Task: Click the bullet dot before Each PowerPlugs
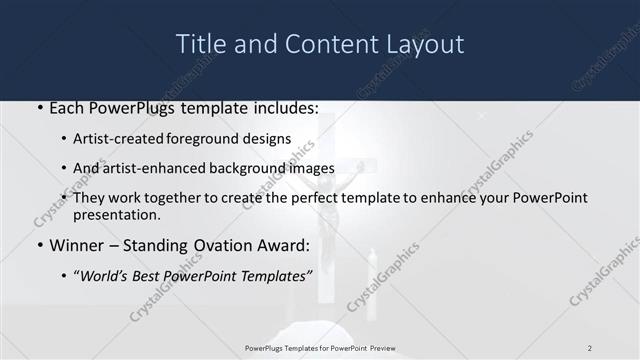(39, 108)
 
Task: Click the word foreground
(225, 139)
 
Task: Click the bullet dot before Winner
(39, 246)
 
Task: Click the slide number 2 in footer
(589, 347)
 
